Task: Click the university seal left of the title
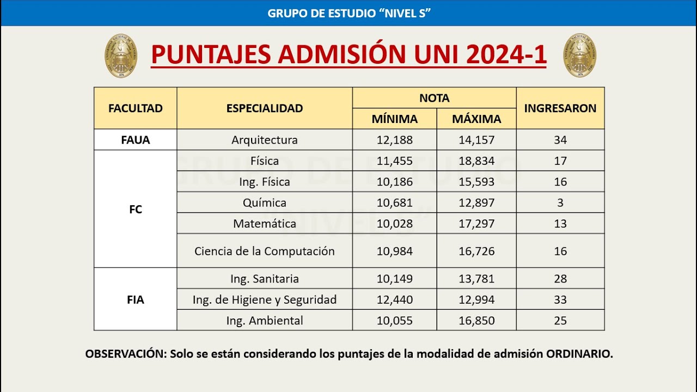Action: pyautogui.click(x=121, y=56)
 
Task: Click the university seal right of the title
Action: pyautogui.click(x=579, y=56)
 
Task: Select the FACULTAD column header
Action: pyautogui.click(x=135, y=108)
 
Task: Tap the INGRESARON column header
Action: pyautogui.click(x=560, y=108)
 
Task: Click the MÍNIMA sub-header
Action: pyautogui.click(x=394, y=119)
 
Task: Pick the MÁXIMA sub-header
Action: pyautogui.click(x=476, y=119)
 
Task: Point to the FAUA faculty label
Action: pyautogui.click(x=135, y=140)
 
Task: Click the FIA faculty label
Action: pyautogui.click(x=135, y=299)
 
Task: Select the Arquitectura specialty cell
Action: pyautogui.click(x=265, y=140)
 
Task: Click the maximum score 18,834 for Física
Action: pyautogui.click(x=476, y=161)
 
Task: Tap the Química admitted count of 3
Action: pyautogui.click(x=560, y=203)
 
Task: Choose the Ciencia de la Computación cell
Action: pyautogui.click(x=265, y=251)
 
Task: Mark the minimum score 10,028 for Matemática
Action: pyautogui.click(x=394, y=224)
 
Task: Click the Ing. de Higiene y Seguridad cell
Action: pyautogui.click(x=265, y=299)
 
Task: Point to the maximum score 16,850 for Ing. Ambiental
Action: pyautogui.click(x=476, y=321)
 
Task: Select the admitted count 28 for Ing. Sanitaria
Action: pyautogui.click(x=560, y=279)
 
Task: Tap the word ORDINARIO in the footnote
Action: pyautogui.click(x=579, y=354)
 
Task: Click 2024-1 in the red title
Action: pyautogui.click(x=506, y=54)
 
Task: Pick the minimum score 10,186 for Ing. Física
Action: pyautogui.click(x=394, y=182)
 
